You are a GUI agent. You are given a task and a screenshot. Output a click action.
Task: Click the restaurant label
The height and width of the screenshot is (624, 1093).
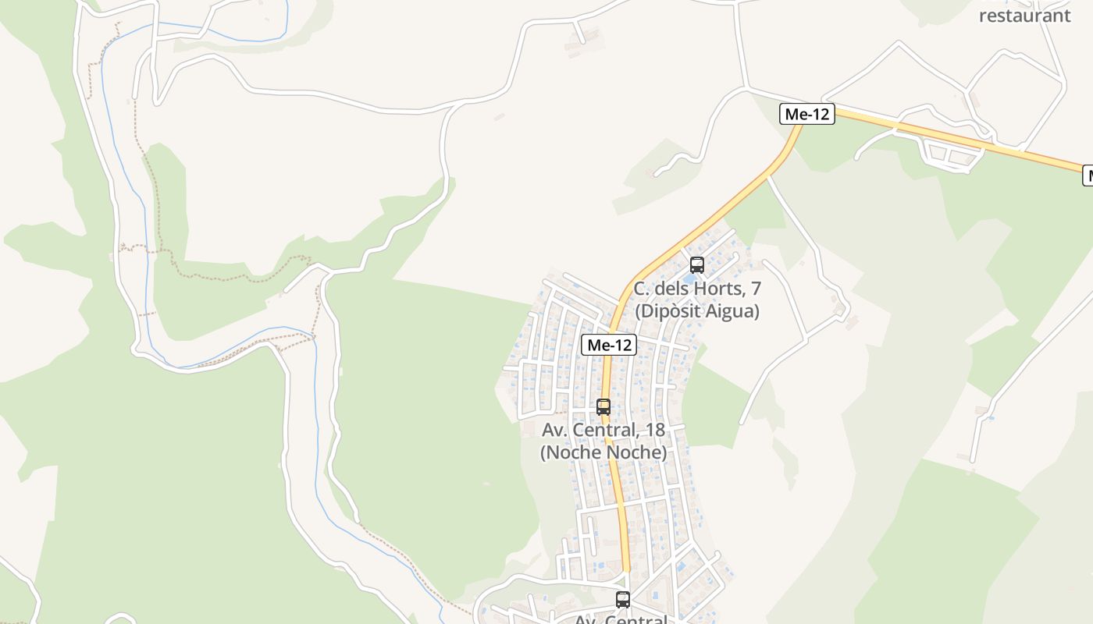tap(1024, 16)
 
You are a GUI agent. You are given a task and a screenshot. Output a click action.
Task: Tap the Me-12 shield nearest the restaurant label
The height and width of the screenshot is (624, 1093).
tap(807, 114)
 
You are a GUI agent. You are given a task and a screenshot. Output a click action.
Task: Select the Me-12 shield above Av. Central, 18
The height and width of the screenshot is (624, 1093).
tap(609, 345)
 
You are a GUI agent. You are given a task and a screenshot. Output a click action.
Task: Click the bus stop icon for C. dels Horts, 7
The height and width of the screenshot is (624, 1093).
tap(697, 265)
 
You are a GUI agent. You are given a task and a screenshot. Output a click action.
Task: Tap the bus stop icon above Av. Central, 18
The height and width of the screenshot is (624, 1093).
tap(603, 407)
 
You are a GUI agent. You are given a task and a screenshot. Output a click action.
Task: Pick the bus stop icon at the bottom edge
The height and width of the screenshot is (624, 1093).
tap(623, 600)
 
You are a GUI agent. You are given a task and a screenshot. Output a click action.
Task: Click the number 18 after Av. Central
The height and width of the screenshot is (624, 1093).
tap(654, 430)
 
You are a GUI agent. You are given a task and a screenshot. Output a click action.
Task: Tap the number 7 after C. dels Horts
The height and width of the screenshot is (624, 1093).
tap(755, 289)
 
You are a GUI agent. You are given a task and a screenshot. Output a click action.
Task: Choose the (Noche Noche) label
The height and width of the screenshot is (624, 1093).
tap(603, 452)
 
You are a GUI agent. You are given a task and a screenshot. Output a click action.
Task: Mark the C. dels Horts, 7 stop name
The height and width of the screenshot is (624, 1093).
tap(697, 289)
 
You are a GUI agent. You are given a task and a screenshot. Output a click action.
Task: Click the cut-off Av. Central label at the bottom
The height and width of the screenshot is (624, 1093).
tap(621, 619)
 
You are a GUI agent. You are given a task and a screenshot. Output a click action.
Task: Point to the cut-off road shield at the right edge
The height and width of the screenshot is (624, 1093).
tap(1088, 176)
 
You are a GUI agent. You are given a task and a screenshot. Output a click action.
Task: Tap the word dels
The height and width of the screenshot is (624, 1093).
tap(670, 289)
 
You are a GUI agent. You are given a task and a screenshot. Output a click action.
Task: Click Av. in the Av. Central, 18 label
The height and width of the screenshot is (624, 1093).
tap(554, 430)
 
